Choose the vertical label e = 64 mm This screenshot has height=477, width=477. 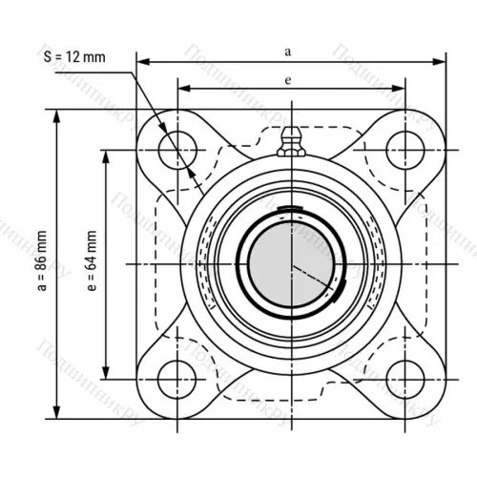point(90,262)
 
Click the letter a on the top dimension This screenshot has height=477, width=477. point(289,48)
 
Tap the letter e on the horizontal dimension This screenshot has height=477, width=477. point(288,80)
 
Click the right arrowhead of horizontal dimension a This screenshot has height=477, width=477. point(440,62)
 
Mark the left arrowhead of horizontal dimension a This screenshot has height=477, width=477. point(143,62)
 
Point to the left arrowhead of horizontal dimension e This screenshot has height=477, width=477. point(183,90)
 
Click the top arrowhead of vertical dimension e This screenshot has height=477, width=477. point(107,153)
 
